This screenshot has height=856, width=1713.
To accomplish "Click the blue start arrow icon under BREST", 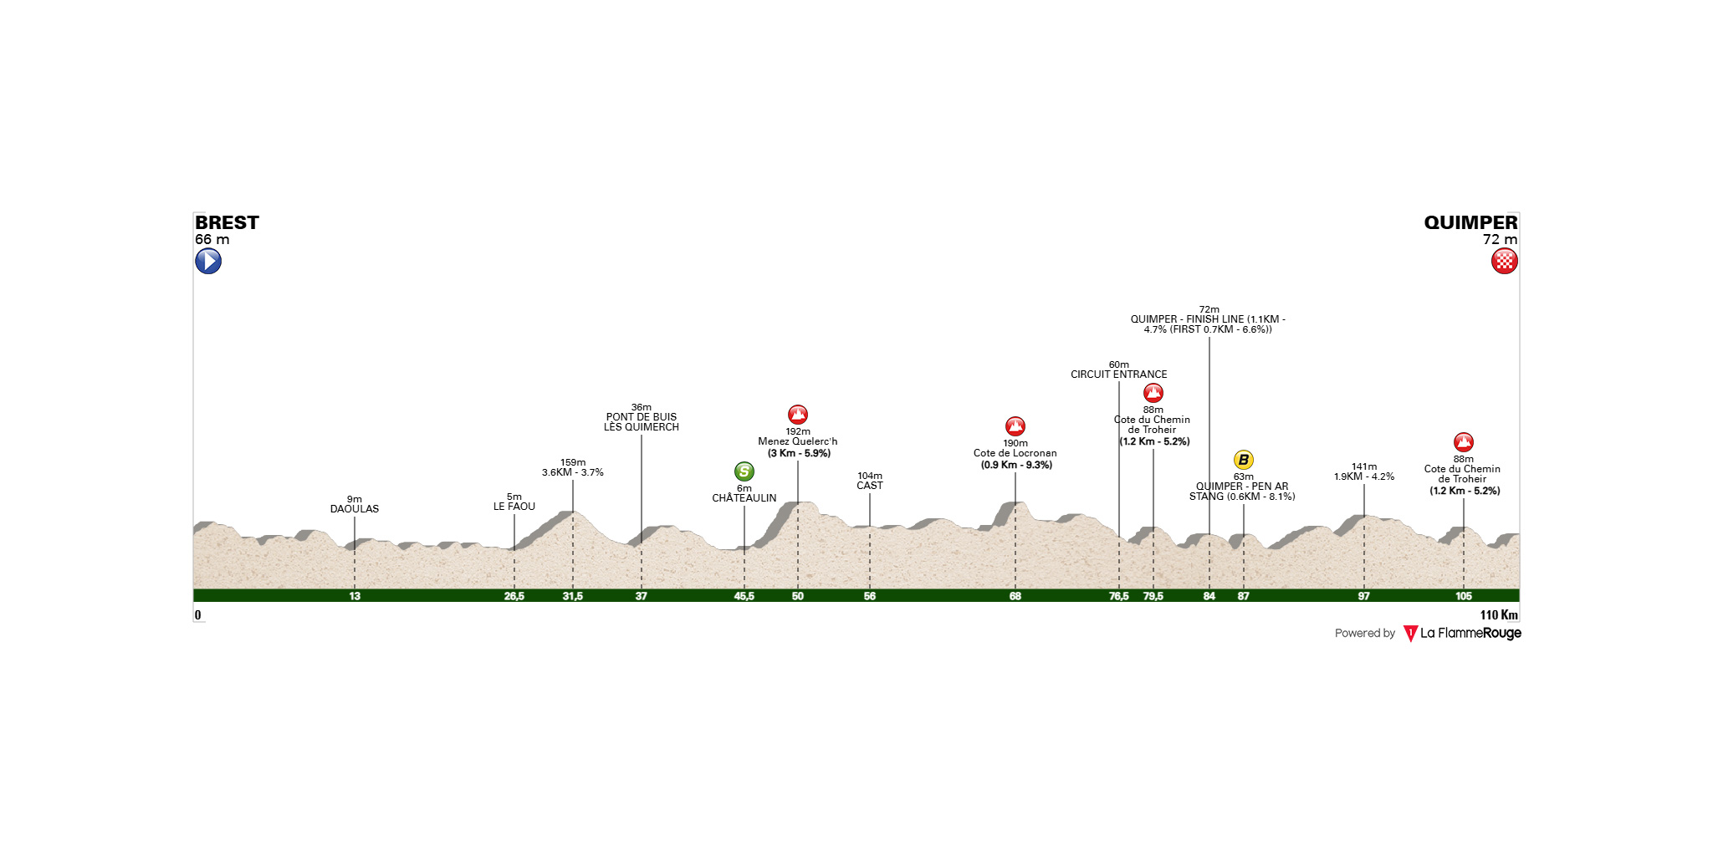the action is pos(208,262).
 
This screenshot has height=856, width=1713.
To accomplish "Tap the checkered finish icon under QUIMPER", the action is pos(1505,262).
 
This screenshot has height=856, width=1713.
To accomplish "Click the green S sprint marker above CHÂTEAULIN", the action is pos(744,471).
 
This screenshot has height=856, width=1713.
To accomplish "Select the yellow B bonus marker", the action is pos(1244,460).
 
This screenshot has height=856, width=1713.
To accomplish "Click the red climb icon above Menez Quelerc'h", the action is pos(798,415).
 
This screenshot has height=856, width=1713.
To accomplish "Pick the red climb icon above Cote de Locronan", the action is pos(1015,426).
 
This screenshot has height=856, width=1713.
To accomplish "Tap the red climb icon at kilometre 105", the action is pos(1463,442).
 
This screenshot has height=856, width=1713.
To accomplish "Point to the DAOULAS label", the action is pos(355,509).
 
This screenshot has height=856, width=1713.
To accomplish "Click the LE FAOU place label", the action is pos(514,507).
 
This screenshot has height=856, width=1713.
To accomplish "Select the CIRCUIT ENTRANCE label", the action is pos(1119,374).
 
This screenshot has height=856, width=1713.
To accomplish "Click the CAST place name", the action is pos(870,486).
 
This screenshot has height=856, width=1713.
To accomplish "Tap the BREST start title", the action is pos(227,222).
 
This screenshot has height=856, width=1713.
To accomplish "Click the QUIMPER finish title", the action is pos(1470,222).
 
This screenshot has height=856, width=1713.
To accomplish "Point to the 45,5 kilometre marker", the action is pos(744,596).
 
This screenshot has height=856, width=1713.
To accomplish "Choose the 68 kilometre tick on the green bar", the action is pos(1015,596).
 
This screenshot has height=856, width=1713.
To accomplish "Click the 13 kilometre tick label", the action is pos(355,596).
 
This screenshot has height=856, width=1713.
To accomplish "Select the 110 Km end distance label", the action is pos(1499,615).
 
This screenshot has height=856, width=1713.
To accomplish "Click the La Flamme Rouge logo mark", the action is pos(1410,634).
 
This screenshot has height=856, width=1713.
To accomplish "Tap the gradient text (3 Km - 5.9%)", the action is pos(800,454).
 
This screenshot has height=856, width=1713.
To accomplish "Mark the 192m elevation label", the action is pos(798,432).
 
